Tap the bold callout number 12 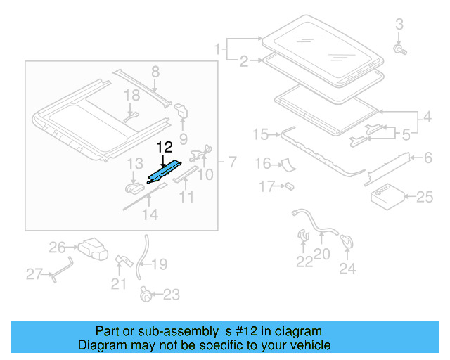pyautogui.click(x=164, y=148)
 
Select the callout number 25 pyautogui.click(x=425, y=198)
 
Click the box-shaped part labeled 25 pyautogui.click(x=385, y=195)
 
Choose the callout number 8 pyautogui.click(x=155, y=71)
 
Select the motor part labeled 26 pyautogui.click(x=92, y=248)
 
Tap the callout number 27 pyautogui.click(x=34, y=274)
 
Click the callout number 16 pyautogui.click(x=262, y=164)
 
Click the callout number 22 pyautogui.click(x=304, y=262)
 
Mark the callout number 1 pyautogui.click(x=218, y=49)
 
